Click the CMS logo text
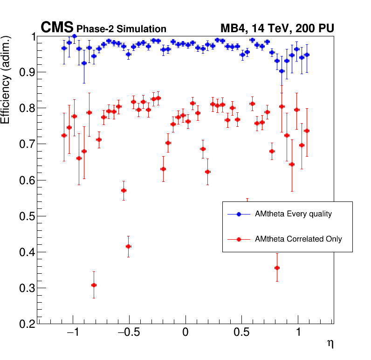tap(57, 28)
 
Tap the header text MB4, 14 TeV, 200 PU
tap(277, 29)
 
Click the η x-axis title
tap(330, 344)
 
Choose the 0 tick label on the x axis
tap(185, 333)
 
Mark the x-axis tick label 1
tap(298, 333)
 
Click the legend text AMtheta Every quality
tap(293, 214)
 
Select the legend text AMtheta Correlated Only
tap(298, 239)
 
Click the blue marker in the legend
tap(239, 214)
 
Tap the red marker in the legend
tap(239, 239)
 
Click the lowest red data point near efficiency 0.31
tap(94, 285)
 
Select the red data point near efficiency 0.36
tap(277, 268)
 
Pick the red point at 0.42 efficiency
tap(128, 246)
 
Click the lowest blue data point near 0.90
tap(282, 71)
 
